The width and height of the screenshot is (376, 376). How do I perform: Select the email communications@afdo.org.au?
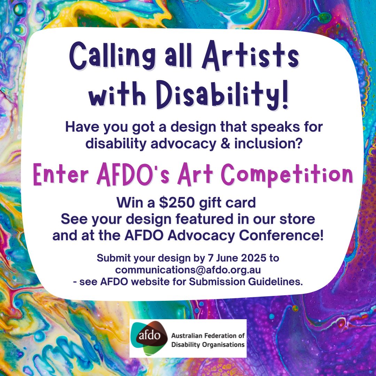(188, 270)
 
